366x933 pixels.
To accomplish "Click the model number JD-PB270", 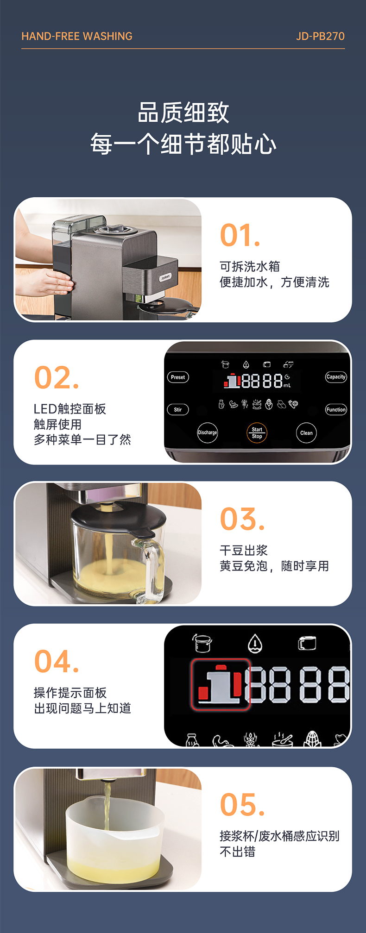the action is (320, 36).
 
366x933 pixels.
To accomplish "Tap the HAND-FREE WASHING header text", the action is (77, 36).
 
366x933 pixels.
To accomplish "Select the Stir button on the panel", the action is (178, 409).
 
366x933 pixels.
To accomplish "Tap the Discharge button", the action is (208, 432).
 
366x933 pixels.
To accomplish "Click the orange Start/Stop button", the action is (257, 432).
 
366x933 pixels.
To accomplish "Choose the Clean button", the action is (306, 432).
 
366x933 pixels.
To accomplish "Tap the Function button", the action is (336, 409).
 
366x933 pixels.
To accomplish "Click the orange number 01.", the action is (240, 235).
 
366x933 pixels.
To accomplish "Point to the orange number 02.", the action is (57, 377).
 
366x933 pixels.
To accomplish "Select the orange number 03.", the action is (242, 519).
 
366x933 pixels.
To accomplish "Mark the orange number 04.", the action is (57, 661).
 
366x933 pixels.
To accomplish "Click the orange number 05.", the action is (242, 805).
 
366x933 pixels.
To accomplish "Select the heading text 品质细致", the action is (183, 113).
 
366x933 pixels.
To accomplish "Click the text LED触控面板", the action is (70, 409).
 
